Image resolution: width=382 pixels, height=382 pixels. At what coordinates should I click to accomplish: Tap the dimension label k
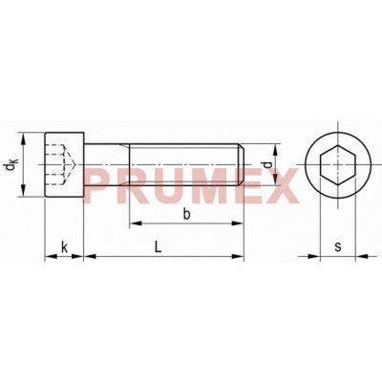tap(63, 246)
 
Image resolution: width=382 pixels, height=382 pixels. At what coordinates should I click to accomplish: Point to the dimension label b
tap(186, 214)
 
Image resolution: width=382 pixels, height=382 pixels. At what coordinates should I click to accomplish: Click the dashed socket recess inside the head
tap(59, 158)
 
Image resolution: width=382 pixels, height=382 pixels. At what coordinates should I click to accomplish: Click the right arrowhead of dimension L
tap(241, 257)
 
